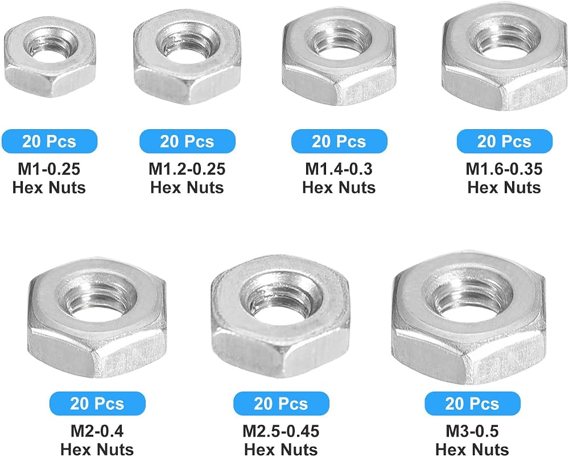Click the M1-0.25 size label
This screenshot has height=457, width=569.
49,169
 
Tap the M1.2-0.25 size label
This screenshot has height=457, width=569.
187,169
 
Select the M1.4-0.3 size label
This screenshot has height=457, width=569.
339,169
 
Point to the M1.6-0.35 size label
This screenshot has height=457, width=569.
504,169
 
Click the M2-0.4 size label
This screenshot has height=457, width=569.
97,431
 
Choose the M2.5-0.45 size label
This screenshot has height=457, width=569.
281,431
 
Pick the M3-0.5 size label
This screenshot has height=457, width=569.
472,431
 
